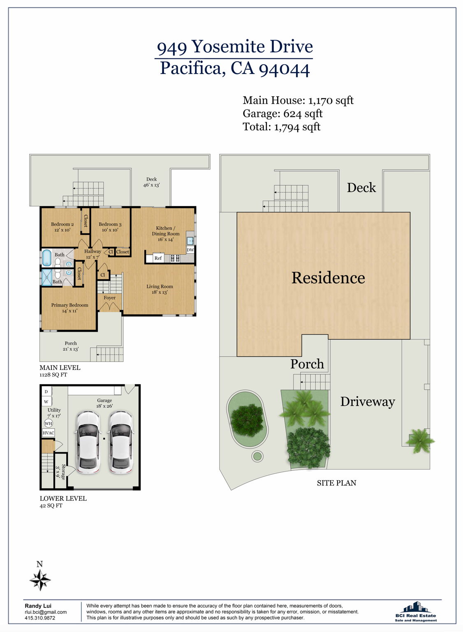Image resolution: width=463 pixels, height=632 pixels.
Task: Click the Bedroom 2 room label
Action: tap(62, 227)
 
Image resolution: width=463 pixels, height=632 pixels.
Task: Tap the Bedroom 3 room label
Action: tap(110, 227)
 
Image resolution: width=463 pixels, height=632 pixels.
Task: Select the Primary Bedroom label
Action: tap(69, 308)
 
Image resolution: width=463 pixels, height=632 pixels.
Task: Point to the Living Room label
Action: tap(160, 289)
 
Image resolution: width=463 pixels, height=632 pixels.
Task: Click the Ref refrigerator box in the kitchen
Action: tap(158, 258)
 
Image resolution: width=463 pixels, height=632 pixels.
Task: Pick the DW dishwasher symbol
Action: tap(190, 250)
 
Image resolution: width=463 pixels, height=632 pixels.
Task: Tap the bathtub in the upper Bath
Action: tap(46, 258)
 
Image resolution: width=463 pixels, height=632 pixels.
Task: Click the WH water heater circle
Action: tap(49, 423)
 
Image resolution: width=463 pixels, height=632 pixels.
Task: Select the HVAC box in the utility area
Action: tap(49, 433)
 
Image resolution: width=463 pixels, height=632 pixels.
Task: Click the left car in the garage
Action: tap(88, 442)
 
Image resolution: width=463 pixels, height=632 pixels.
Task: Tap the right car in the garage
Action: tap(120, 442)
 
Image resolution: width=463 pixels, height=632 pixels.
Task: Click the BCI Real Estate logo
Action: tap(415, 611)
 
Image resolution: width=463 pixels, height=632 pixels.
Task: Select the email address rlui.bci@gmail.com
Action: tap(46, 612)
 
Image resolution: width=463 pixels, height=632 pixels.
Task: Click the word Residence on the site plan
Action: tap(328, 278)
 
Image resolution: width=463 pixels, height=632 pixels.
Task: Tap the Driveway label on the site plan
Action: tap(367, 401)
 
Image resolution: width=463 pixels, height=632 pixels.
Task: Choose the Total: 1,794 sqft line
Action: tap(281, 127)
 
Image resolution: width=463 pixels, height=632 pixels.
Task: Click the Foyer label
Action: tap(109, 297)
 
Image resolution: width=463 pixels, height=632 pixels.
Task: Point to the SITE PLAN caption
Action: tap(336, 483)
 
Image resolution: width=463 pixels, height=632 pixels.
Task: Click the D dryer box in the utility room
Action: tap(46, 392)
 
